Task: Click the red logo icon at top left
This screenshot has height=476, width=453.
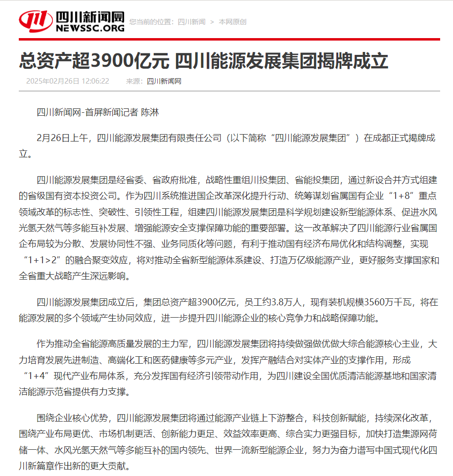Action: pos(36,21)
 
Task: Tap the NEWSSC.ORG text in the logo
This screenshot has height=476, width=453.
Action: pos(90,29)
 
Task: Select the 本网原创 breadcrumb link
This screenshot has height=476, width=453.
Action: pos(232,22)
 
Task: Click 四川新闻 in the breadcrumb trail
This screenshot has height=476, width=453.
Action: pos(191,22)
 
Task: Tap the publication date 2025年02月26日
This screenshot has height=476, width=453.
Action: pos(52,81)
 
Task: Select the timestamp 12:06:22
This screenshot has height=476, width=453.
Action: pos(95,81)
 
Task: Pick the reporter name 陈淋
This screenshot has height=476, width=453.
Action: pos(150,112)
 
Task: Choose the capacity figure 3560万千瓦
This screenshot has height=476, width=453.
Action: pos(387,301)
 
